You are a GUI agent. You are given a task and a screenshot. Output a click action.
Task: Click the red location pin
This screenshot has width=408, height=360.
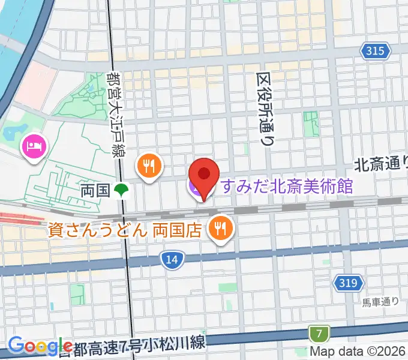tap(204, 176)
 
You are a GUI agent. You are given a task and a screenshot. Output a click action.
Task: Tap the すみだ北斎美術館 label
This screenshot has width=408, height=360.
tap(286, 187)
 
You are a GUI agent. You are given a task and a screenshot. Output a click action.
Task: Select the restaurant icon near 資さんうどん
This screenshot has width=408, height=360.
tap(221, 228)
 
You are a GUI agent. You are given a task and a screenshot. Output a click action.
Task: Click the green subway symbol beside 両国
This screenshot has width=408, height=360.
tap(122, 191)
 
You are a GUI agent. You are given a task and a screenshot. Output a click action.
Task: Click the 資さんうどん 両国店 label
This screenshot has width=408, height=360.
tap(125, 230)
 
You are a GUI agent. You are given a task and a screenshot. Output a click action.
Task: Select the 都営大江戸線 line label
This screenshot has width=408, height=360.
tap(113, 113)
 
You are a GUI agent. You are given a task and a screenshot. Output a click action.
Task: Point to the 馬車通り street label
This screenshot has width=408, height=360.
tap(380, 302)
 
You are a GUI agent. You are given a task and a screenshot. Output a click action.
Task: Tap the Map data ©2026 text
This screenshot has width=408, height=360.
tap(358, 352)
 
